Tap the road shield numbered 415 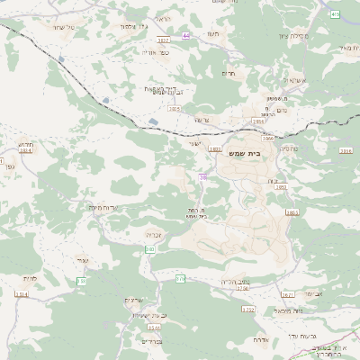335,13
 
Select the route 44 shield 186,36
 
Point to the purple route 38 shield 203,177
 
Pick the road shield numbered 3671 288,294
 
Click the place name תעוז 213,33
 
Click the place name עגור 83,260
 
